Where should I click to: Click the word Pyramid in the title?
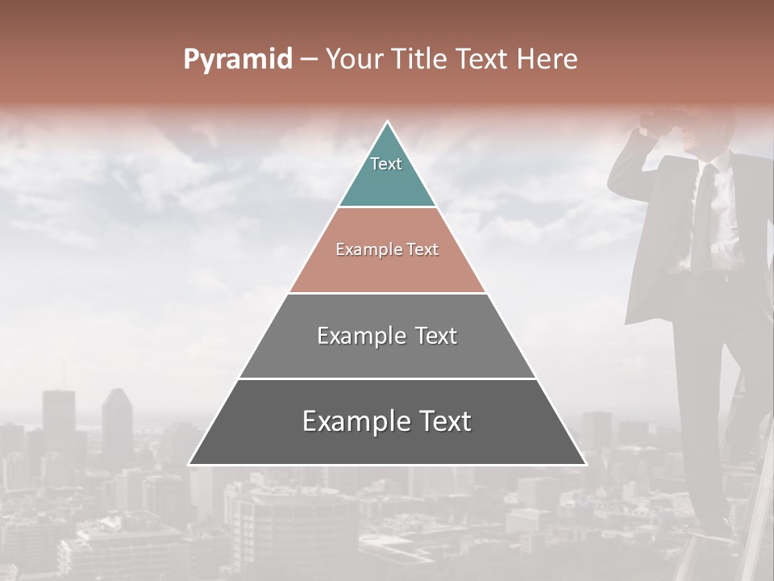tap(238, 60)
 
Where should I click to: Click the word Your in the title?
tap(352, 60)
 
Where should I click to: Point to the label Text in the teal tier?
tap(386, 164)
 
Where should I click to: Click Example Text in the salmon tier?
tap(387, 249)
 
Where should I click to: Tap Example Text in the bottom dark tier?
tap(387, 421)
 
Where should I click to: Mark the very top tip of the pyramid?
tap(388, 123)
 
